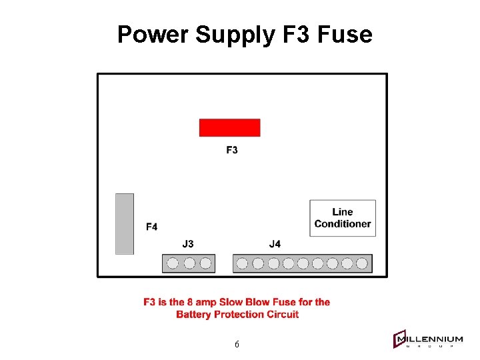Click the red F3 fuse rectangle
pyautogui.click(x=229, y=127)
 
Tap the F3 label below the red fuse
pyautogui.click(x=232, y=150)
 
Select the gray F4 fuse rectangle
pyautogui.click(x=125, y=224)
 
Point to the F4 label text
pyautogui.click(x=152, y=227)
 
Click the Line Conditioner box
pyautogui.click(x=343, y=218)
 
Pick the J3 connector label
pyautogui.click(x=188, y=244)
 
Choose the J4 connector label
pyautogui.click(x=275, y=244)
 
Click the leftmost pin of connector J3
pyautogui.click(x=173, y=263)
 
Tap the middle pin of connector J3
pyautogui.click(x=189, y=263)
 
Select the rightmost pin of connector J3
pyautogui.click(x=206, y=263)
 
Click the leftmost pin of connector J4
pyautogui.click(x=242, y=263)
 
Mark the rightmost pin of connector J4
pyautogui.click(x=362, y=263)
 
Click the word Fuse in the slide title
pyautogui.click(x=345, y=34)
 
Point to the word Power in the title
pyautogui.click(x=153, y=34)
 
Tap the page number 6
pyautogui.click(x=237, y=345)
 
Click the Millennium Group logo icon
pyautogui.click(x=401, y=339)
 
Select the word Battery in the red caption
pyautogui.click(x=195, y=314)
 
